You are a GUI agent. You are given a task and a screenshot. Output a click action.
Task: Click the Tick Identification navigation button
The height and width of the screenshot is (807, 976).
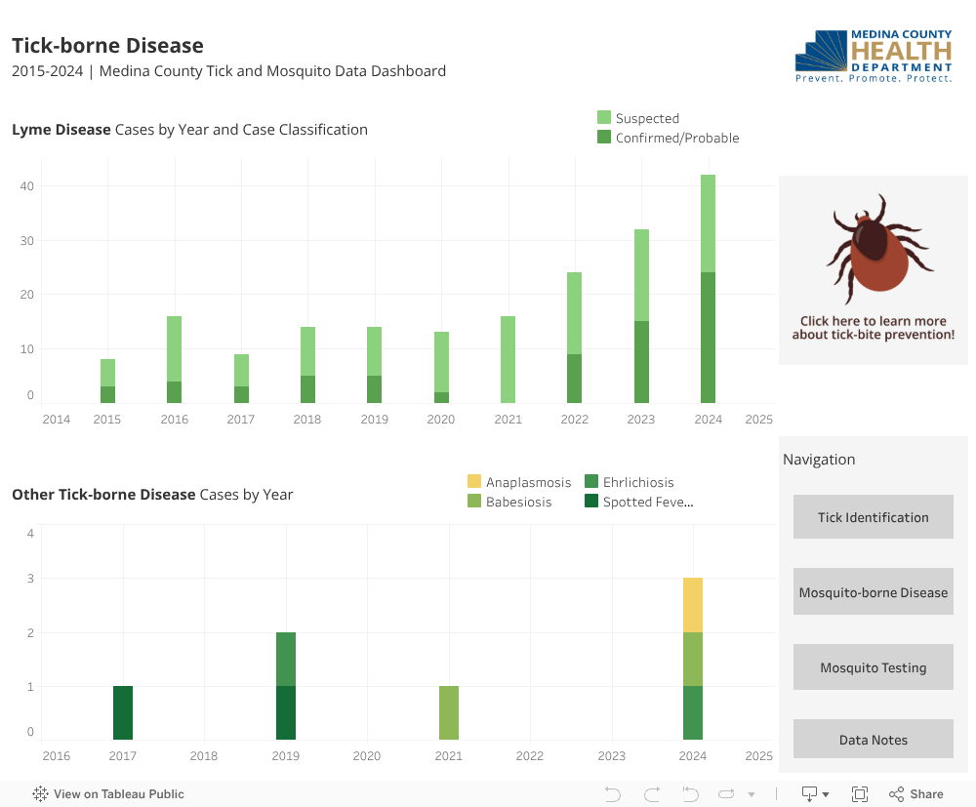click(x=873, y=517)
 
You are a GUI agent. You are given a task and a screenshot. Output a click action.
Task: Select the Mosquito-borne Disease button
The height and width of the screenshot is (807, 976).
click(x=873, y=592)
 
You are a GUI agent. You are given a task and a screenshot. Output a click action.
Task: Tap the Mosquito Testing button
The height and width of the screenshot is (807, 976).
click(x=873, y=668)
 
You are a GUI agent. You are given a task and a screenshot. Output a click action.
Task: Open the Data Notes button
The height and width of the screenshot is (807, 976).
click(x=873, y=740)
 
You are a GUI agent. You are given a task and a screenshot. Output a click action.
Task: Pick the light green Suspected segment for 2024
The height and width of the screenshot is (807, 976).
click(x=708, y=223)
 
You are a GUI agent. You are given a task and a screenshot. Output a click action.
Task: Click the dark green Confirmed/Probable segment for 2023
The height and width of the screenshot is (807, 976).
click(x=641, y=362)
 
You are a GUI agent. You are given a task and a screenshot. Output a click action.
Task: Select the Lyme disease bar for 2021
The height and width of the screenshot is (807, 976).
click(x=508, y=359)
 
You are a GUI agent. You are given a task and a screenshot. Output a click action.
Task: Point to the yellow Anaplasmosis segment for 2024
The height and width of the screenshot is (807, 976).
click(x=693, y=605)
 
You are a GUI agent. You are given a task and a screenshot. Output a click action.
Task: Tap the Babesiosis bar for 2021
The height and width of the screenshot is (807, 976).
click(x=449, y=712)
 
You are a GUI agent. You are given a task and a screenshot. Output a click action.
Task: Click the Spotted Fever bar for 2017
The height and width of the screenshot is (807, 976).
click(x=123, y=712)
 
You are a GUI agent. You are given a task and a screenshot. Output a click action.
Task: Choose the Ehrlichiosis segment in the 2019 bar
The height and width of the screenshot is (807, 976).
click(x=286, y=659)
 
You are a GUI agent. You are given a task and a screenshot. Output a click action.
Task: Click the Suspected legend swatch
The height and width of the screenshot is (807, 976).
click(x=604, y=118)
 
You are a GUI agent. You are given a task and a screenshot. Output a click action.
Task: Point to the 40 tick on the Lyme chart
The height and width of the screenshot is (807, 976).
click(x=28, y=186)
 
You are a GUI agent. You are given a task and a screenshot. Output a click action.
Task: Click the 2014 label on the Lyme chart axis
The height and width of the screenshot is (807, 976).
click(x=57, y=420)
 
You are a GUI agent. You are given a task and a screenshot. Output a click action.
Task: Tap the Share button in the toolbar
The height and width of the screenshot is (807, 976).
click(x=916, y=794)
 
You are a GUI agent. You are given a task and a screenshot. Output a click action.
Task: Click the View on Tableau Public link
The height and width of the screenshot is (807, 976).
click(x=108, y=794)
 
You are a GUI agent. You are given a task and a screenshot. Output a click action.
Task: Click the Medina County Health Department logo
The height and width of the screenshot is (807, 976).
click(x=874, y=57)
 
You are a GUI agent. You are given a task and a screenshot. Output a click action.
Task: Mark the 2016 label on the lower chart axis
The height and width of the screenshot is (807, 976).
click(x=57, y=756)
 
